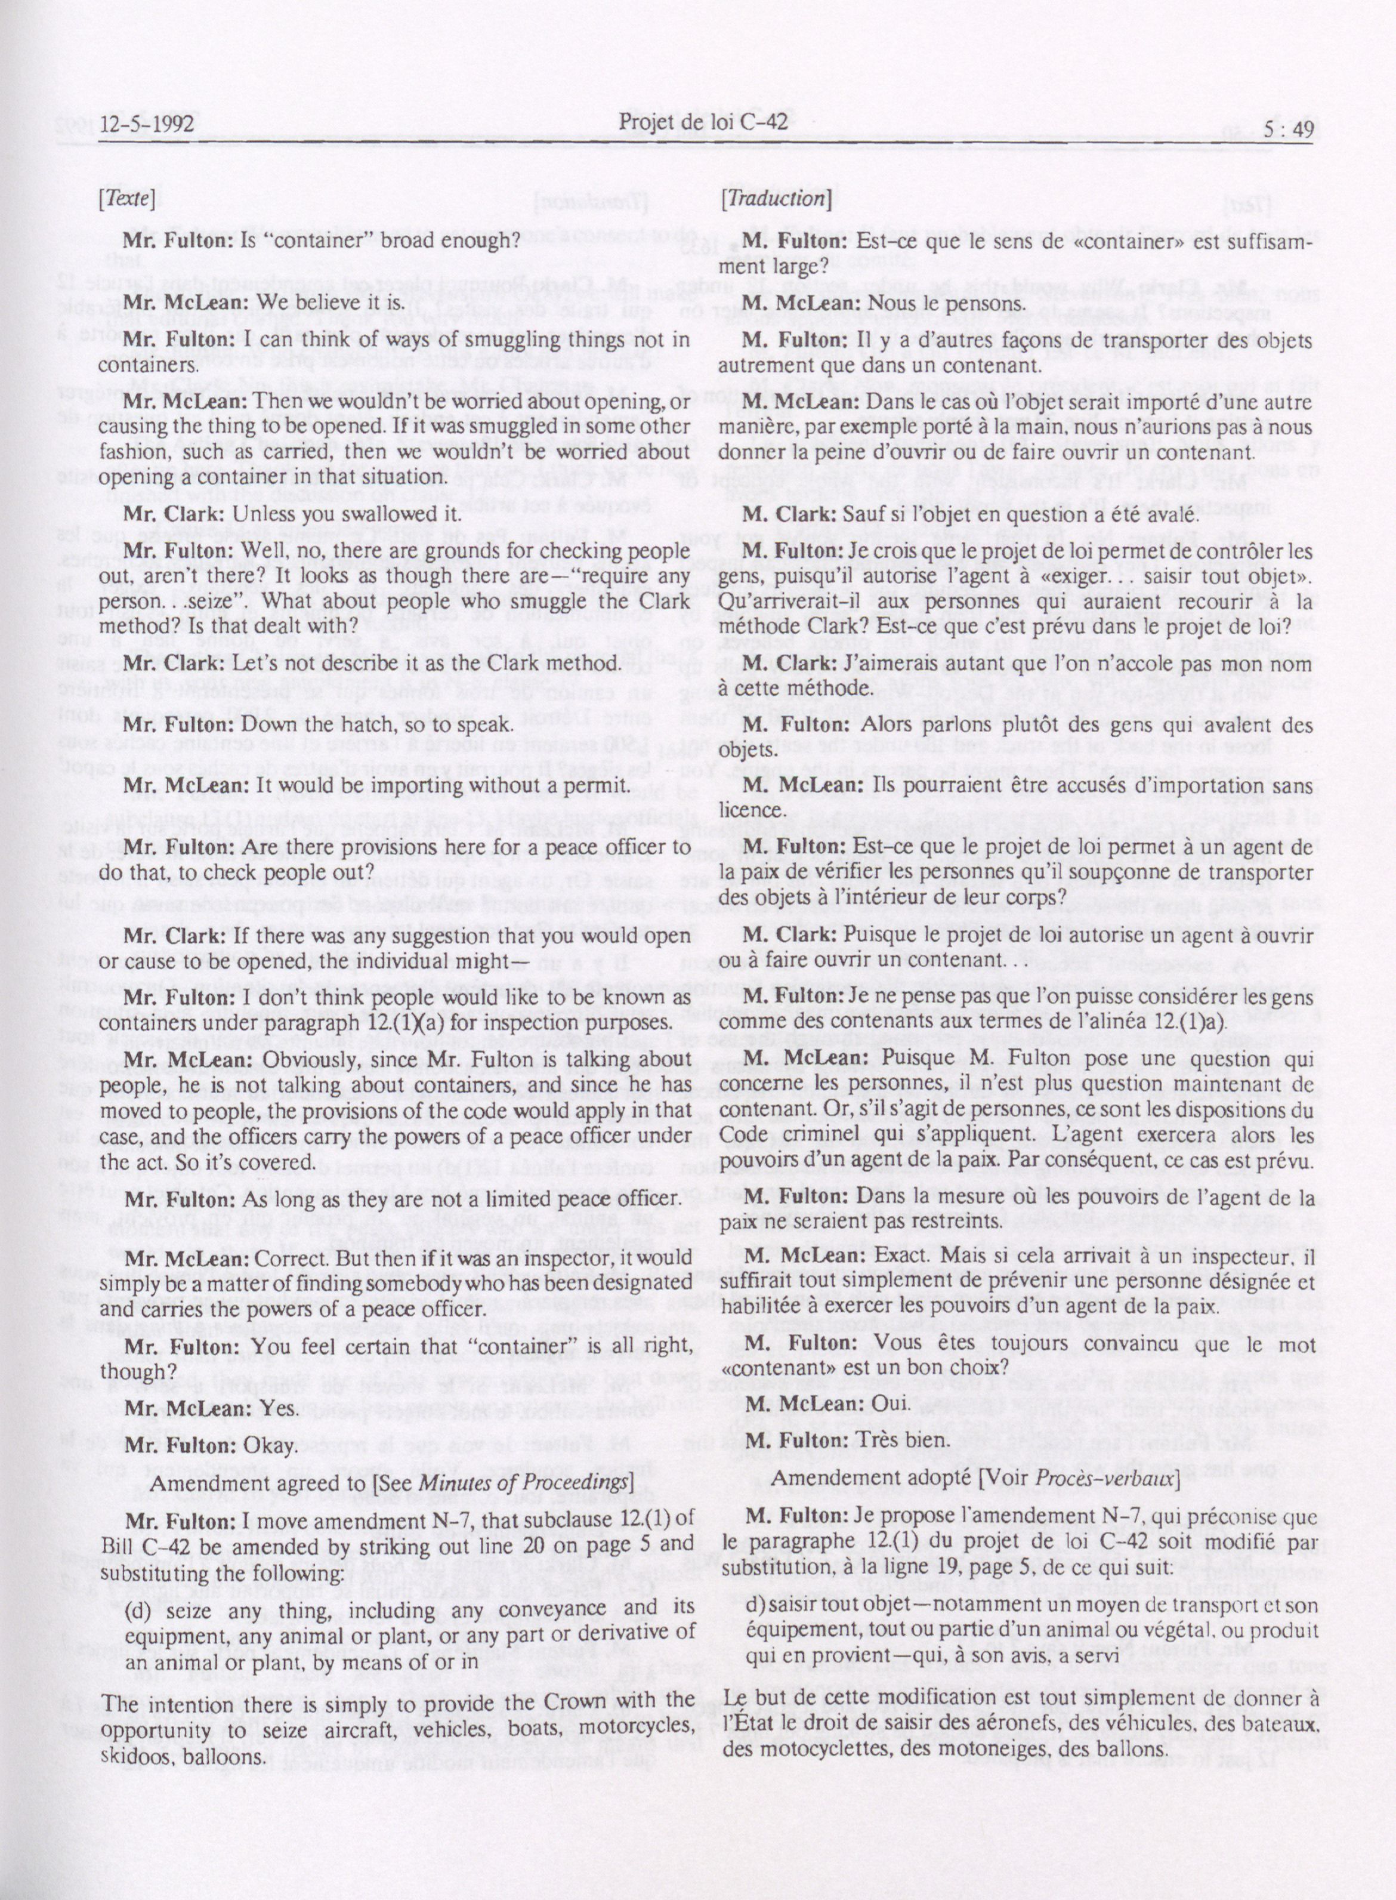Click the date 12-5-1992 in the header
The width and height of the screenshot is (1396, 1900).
[x=146, y=124]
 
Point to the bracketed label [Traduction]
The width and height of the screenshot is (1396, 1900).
[x=776, y=199]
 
